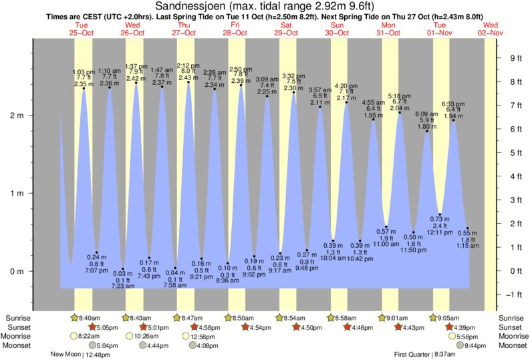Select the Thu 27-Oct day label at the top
click(184, 28)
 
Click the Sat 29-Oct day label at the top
click(286, 28)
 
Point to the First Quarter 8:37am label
click(424, 355)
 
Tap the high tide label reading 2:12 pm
click(188, 65)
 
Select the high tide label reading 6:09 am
click(427, 114)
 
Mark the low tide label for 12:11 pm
click(436, 232)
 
